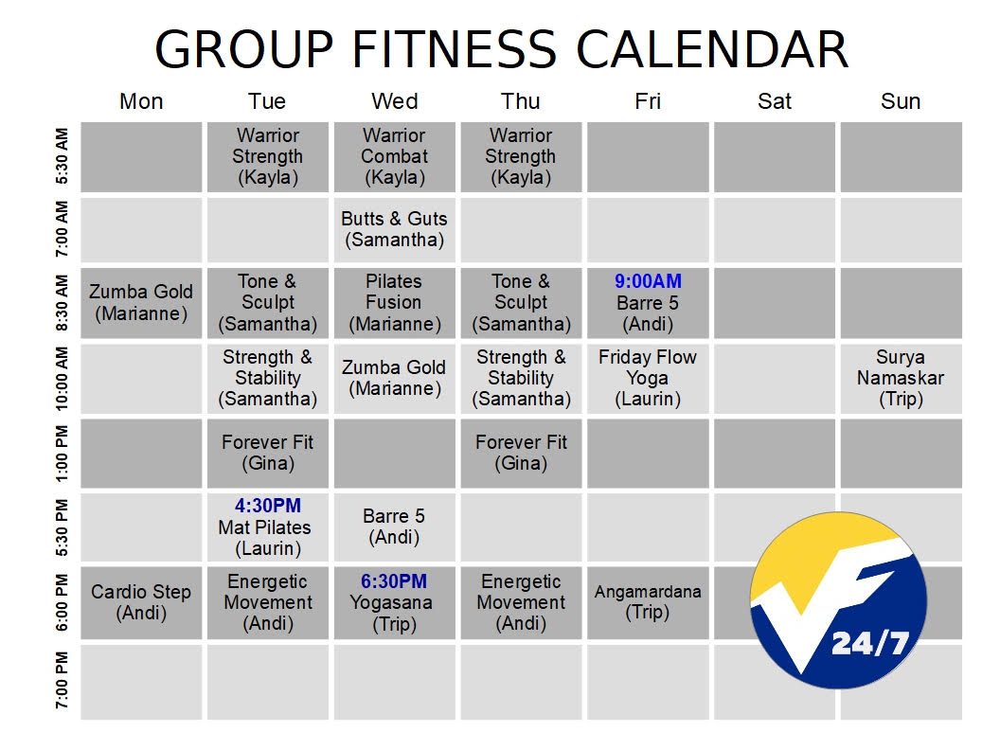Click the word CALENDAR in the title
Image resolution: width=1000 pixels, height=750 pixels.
712,49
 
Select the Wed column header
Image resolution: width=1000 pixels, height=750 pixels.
395,101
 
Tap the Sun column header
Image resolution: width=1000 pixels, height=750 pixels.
901,101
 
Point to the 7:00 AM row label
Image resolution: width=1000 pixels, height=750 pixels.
62,229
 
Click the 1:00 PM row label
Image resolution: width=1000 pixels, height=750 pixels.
62,454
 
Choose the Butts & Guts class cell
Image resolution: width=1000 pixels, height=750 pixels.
395,229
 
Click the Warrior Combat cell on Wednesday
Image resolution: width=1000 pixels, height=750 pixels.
395,157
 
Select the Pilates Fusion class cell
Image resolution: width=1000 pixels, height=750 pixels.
395,303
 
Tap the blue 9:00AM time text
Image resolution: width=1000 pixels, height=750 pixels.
648,281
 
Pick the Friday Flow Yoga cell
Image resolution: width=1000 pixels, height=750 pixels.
648,379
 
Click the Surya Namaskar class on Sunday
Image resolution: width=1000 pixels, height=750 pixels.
901,379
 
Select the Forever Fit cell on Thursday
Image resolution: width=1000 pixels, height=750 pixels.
521,454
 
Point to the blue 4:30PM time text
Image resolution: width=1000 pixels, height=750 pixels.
268,506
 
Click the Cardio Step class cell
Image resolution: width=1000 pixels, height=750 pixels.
141,602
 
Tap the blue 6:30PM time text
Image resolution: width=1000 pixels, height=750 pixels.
394,581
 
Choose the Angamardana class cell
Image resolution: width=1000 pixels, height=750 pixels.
648,602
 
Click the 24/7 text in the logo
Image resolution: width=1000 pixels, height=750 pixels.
869,643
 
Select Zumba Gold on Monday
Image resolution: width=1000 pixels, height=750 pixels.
141,303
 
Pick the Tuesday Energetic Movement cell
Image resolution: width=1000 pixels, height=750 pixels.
268,602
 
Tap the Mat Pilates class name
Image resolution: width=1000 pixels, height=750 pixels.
264,527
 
